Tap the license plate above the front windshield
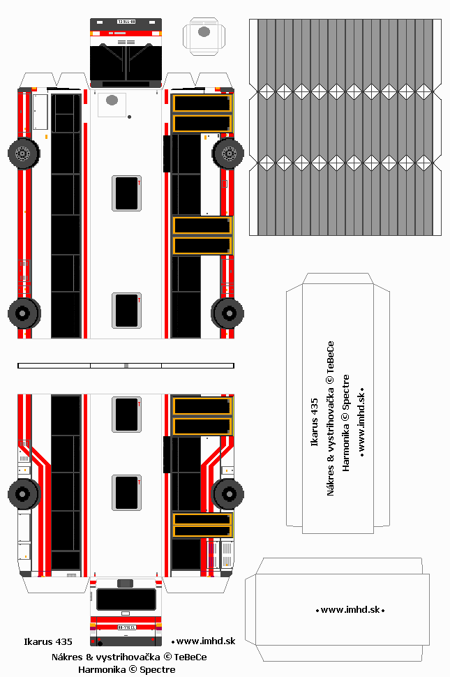[126, 22]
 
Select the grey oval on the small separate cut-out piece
[204, 31]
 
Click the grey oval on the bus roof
[112, 101]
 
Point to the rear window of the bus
[126, 599]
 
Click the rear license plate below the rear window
[126, 627]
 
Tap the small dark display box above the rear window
[126, 583]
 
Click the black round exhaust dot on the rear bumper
[99, 641]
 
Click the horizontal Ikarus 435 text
[47, 641]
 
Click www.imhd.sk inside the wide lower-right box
[352, 610]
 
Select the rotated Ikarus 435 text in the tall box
[314, 422]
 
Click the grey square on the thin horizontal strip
[126, 365]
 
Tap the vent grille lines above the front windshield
[126, 42]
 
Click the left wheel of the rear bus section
[24, 493]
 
